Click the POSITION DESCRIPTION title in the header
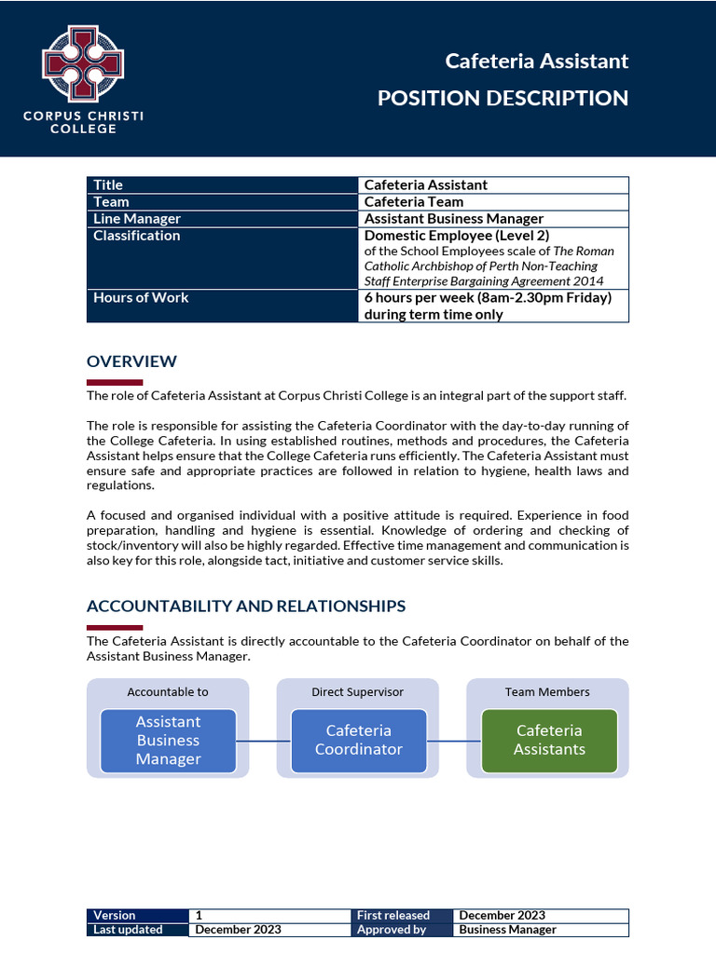pyautogui.click(x=503, y=98)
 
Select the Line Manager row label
pyautogui.click(x=137, y=219)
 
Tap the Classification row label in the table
pyautogui.click(x=137, y=236)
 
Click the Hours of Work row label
pyautogui.click(x=141, y=297)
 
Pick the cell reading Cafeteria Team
pyautogui.click(x=413, y=202)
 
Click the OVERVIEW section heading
pyautogui.click(x=131, y=361)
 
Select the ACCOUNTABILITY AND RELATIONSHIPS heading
pyautogui.click(x=246, y=606)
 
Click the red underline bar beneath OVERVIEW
pyautogui.click(x=115, y=382)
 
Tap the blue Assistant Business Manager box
pyautogui.click(x=168, y=741)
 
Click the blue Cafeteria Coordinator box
pyautogui.click(x=359, y=741)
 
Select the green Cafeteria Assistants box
pyautogui.click(x=549, y=741)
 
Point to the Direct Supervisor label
pyautogui.click(x=358, y=692)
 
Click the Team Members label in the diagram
pyautogui.click(x=547, y=692)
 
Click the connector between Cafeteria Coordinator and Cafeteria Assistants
pyautogui.click(x=454, y=742)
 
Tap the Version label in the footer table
pyautogui.click(x=115, y=916)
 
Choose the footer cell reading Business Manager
pyautogui.click(x=507, y=930)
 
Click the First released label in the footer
pyautogui.click(x=392, y=916)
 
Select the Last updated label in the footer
pyautogui.click(x=128, y=930)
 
